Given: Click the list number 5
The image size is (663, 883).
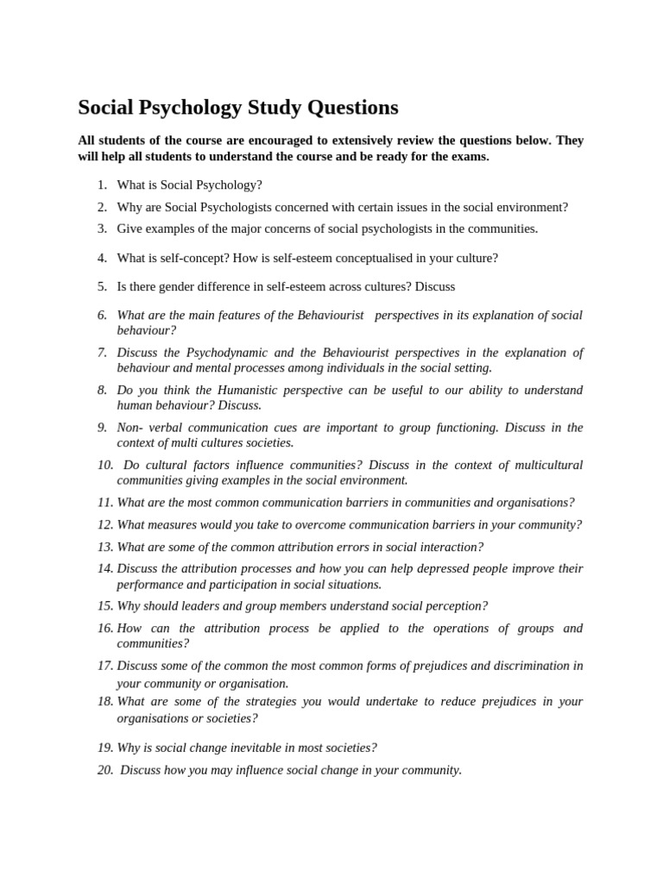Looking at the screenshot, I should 102,286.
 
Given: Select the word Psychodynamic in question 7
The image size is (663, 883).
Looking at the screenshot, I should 228,353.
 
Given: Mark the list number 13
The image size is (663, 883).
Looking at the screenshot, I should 105,547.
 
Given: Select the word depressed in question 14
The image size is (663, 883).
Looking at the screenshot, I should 374,569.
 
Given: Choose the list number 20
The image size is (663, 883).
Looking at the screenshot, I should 105,770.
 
